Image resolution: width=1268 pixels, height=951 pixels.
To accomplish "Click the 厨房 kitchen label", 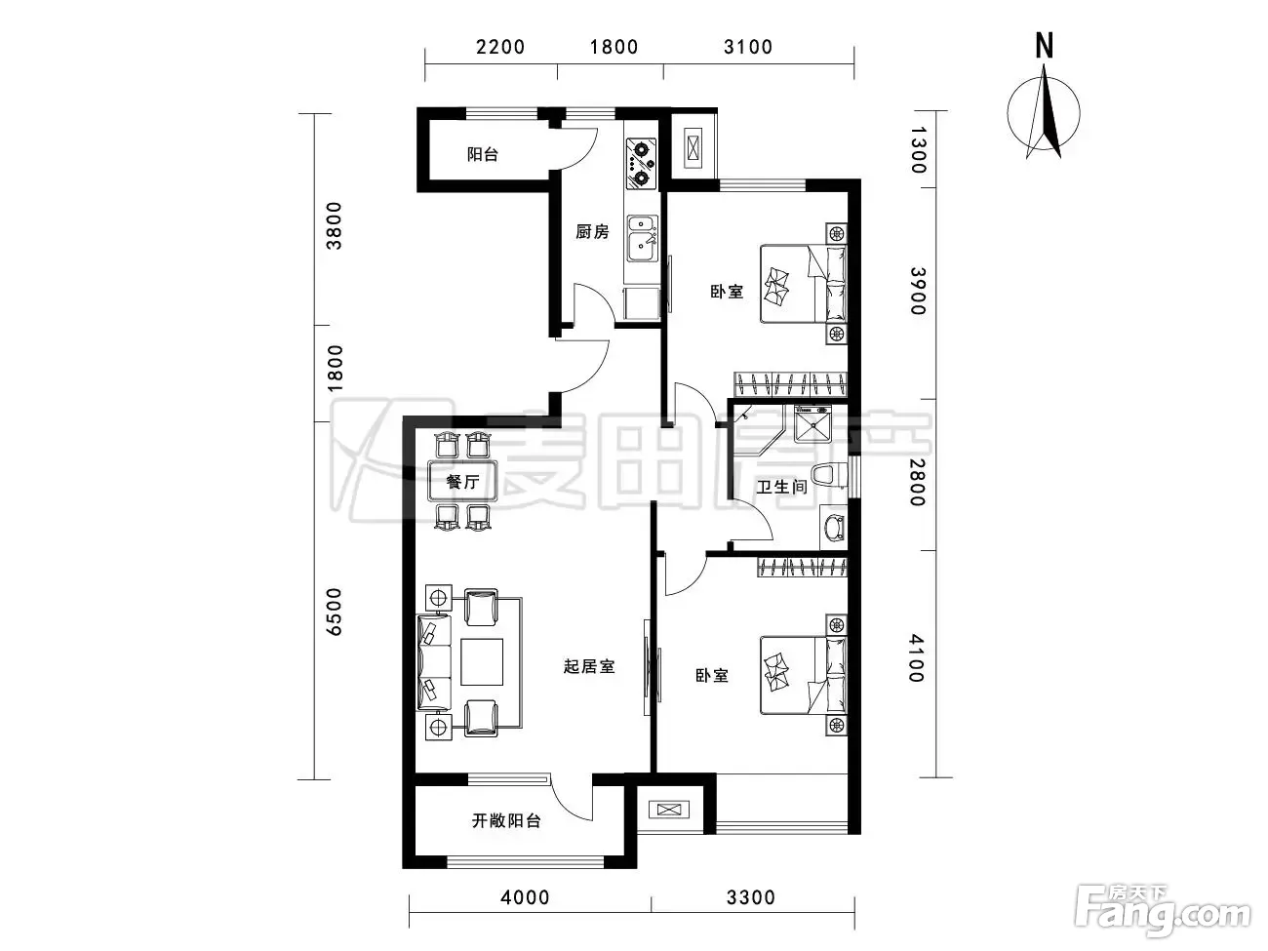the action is tap(592, 231).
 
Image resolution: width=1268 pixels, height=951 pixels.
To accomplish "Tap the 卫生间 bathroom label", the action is tap(781, 487).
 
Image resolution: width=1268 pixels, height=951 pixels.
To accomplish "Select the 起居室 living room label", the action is tap(589, 666).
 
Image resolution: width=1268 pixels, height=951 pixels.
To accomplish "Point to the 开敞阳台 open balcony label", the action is tap(506, 820).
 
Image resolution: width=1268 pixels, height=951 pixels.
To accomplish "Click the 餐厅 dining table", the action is tap(462, 481).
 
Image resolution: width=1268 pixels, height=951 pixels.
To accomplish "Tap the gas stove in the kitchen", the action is tap(641, 164).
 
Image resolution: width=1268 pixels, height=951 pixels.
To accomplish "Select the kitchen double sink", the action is tap(642, 239).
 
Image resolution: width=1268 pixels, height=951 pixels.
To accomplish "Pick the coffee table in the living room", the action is tap(482, 661).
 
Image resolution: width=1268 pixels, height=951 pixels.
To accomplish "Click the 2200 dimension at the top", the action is tap(500, 47).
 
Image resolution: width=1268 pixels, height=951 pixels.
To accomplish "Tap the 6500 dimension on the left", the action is tap(335, 613).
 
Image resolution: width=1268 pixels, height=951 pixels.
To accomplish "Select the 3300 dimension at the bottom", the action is tap(750, 897).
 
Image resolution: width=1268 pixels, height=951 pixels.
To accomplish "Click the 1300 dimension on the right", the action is tap(918, 150).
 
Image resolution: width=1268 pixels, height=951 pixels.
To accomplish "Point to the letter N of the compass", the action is tap(1044, 45).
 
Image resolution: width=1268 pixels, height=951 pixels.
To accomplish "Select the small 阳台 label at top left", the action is tap(483, 154).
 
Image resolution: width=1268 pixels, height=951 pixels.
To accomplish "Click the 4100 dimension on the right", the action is tap(917, 657).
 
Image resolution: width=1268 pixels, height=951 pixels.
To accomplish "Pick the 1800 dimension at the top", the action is tap(614, 47).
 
